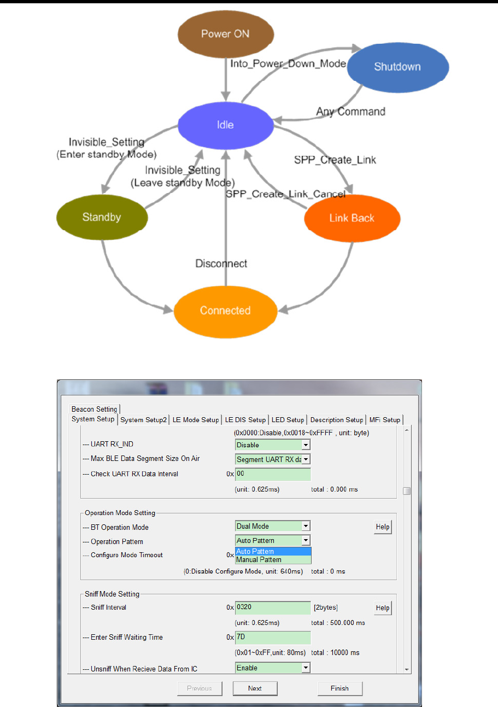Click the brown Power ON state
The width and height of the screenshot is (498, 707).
pos(225,34)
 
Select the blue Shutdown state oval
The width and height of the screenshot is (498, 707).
pos(397,67)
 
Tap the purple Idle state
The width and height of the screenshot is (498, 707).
pos(225,125)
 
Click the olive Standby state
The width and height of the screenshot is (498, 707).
pos(102,217)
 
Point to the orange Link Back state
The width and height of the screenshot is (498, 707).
pos(352,218)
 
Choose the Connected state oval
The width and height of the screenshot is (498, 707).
pos(225,311)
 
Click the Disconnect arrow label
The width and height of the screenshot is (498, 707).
pos(221,264)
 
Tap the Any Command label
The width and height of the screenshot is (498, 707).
pos(350,112)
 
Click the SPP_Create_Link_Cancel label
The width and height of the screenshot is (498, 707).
pos(285,194)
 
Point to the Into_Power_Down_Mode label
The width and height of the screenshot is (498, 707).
pos(288,64)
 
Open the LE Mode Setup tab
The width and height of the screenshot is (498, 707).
pos(196,420)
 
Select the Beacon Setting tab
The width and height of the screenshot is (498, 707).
pos(95,409)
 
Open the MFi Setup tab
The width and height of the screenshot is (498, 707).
pos(384,420)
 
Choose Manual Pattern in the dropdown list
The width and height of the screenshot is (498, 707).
pos(259,560)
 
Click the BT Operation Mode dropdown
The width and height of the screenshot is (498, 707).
pos(273,526)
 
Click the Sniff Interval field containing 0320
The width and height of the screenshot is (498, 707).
pos(273,607)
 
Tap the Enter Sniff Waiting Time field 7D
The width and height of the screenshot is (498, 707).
pos(273,637)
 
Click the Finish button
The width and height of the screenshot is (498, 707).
pos(339,688)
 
